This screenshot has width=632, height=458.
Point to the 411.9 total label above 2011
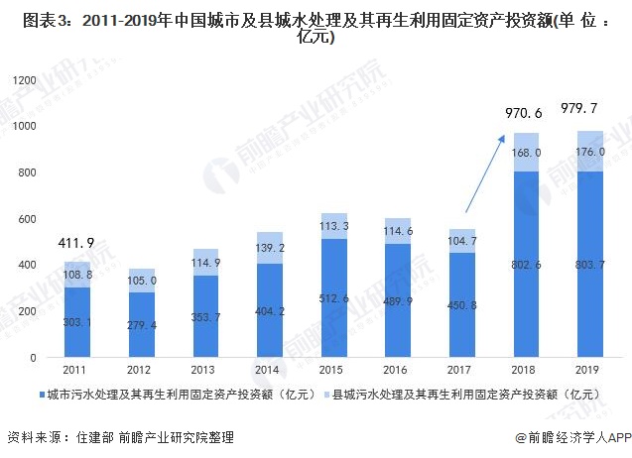(x=72, y=242)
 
